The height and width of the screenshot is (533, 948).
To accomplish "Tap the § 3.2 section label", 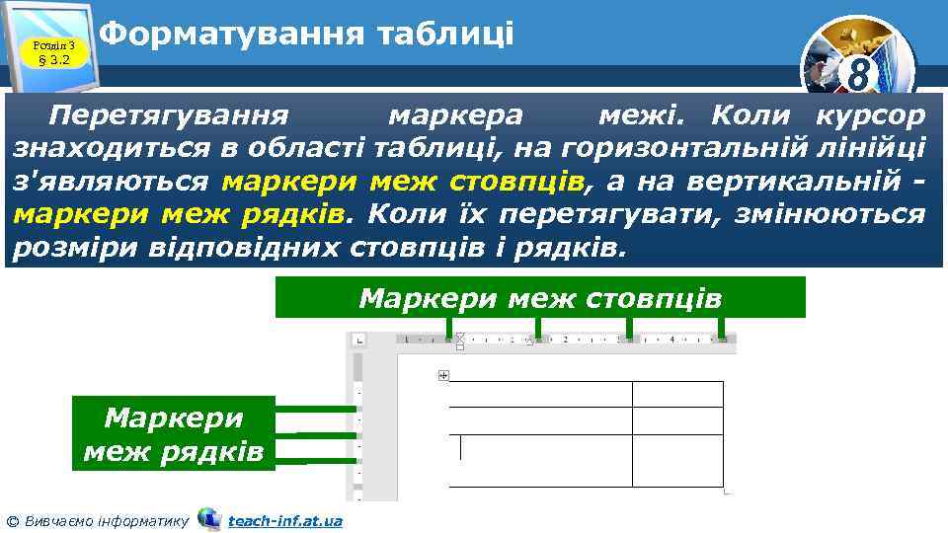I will pos(53,59).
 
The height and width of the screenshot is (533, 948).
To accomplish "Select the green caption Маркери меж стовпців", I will pos(539,297).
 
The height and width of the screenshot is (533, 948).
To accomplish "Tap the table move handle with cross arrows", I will pos(442,375).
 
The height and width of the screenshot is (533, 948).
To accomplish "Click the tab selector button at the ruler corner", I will pos(357,340).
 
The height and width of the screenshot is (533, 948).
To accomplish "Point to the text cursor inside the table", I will pos(460,447).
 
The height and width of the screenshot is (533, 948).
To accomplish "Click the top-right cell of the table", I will pos(677,394).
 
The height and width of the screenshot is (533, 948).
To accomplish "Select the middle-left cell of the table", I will pos(540,420).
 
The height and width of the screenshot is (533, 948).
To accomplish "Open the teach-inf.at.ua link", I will pos(284,520).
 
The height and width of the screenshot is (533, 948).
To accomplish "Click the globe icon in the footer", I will pos(209,518).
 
